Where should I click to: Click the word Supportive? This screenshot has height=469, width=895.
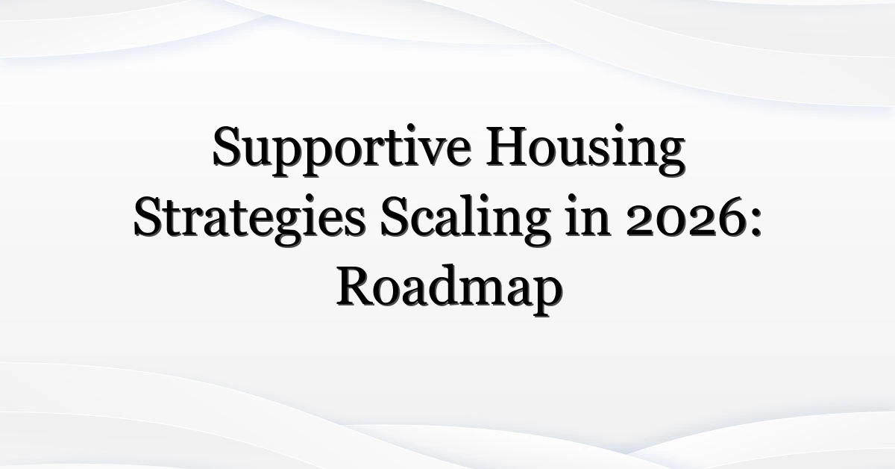pyautogui.click(x=342, y=150)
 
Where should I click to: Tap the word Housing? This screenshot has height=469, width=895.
pyautogui.click(x=585, y=150)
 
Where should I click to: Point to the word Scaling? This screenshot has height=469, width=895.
pyautogui.click(x=466, y=220)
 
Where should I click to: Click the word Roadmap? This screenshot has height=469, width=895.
pyautogui.click(x=450, y=290)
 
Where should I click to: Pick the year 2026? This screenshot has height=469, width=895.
pyautogui.click(x=684, y=220)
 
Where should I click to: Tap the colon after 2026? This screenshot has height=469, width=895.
pyautogui.click(x=753, y=223)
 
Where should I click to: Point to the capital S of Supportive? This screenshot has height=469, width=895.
pyautogui.click(x=227, y=146)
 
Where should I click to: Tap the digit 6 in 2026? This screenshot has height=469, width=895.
pyautogui.click(x=727, y=219)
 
